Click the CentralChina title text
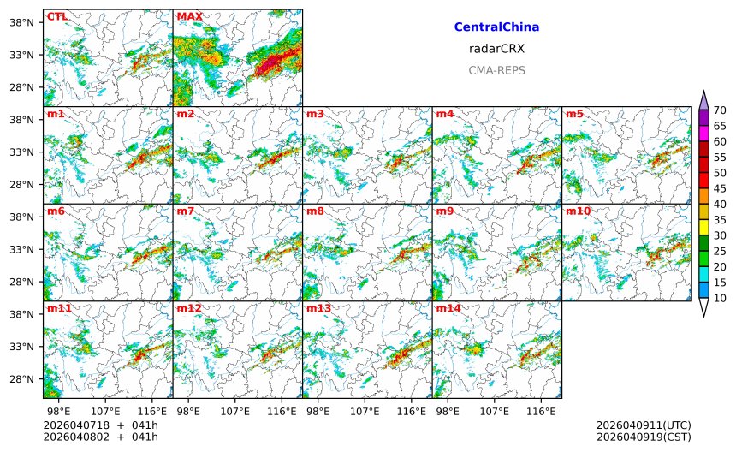pyautogui.click(x=496, y=27)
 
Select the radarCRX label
pyautogui.click(x=496, y=49)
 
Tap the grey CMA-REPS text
pyautogui.click(x=496, y=70)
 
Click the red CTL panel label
pyautogui.click(x=56, y=16)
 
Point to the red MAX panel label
pyautogui.click(x=189, y=16)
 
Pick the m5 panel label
pyautogui.click(x=573, y=114)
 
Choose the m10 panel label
pyautogui.click(x=577, y=211)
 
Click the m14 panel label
pyautogui.click(x=448, y=308)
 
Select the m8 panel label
pyautogui.click(x=315, y=211)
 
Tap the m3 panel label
pyautogui.click(x=315, y=114)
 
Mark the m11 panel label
pyautogui.click(x=59, y=308)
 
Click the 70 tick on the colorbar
pyautogui.click(x=720, y=110)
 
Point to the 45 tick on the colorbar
pyautogui.click(x=720, y=188)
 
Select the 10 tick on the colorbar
pyautogui.click(x=720, y=298)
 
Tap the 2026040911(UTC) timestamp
pyautogui.click(x=643, y=425)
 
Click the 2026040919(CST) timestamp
pyautogui.click(x=643, y=437)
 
